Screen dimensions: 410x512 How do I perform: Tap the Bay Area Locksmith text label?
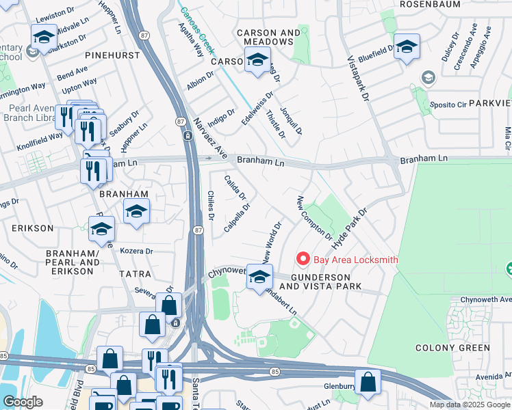tap(355, 260)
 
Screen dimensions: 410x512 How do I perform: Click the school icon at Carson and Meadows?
tap(257, 60)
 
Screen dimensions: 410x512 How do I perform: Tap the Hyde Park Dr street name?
tap(350, 229)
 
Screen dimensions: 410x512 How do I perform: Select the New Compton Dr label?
tap(314, 217)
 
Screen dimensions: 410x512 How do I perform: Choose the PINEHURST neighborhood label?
tap(112, 54)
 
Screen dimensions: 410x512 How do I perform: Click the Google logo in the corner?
tap(23, 402)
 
